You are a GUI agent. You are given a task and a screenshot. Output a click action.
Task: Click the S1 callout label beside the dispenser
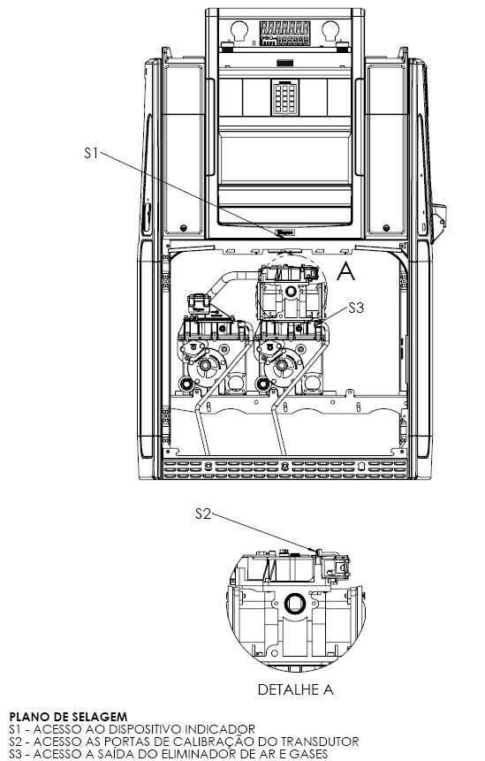pyautogui.click(x=91, y=153)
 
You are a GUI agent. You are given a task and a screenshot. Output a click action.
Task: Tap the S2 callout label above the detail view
pyautogui.click(x=203, y=514)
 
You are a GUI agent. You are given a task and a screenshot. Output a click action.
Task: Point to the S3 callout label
pyautogui.click(x=356, y=308)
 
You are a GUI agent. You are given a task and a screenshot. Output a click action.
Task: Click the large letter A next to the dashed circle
pyautogui.click(x=345, y=271)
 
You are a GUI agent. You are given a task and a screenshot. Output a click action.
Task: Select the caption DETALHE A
pyautogui.click(x=295, y=689)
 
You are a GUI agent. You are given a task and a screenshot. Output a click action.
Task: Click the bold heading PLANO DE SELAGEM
pyautogui.click(x=68, y=716)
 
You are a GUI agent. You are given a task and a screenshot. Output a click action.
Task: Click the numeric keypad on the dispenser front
pyautogui.click(x=284, y=97)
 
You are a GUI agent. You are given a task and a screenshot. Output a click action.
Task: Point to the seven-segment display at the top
pyautogui.click(x=284, y=34)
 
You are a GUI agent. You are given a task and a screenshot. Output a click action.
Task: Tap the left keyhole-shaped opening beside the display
pyautogui.click(x=239, y=31)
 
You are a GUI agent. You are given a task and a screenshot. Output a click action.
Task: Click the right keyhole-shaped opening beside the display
pyautogui.click(x=330, y=31)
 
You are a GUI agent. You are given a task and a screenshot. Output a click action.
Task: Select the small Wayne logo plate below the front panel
pyautogui.click(x=285, y=233)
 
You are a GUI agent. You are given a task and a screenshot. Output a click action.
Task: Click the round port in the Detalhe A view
pyautogui.click(x=293, y=604)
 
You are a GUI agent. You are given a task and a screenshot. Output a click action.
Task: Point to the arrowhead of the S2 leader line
pyautogui.click(x=314, y=551)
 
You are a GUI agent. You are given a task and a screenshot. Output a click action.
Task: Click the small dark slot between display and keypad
pyautogui.click(x=284, y=63)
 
